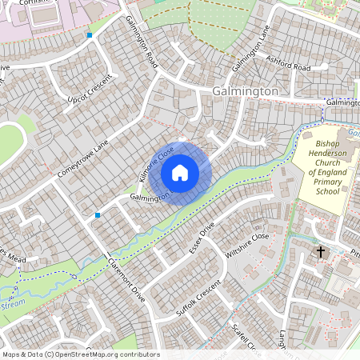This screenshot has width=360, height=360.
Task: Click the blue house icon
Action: point(180,173)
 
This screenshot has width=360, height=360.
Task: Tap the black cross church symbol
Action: point(321,252)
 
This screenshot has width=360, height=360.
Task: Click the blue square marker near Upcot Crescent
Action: point(90,35)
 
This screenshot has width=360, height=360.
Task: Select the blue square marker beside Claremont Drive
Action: point(98,215)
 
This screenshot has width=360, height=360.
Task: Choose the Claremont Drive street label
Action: point(125,280)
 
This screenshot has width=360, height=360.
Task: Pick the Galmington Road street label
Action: point(141,45)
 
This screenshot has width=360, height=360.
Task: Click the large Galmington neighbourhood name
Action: point(246,92)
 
